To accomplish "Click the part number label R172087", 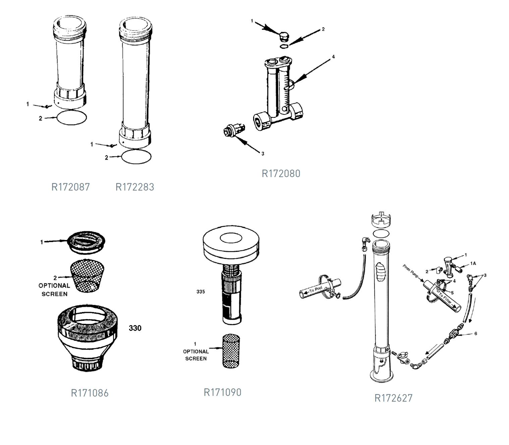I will tap(70, 187).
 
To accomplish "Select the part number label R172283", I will tap(135, 187).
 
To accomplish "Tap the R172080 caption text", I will tap(281, 174).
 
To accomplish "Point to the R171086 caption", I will tap(90, 393).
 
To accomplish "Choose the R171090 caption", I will tap(222, 392).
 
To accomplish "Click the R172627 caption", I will tap(393, 398).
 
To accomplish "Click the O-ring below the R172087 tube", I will tap(72, 117).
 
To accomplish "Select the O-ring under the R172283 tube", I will tap(136, 157).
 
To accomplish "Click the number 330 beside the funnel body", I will tap(135, 328).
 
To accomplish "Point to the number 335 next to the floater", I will tap(201, 292).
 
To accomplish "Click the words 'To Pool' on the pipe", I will tap(316, 289).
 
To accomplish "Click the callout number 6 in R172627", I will tap(475, 334).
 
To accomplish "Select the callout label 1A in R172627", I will tap(473, 263).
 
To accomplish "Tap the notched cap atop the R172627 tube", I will tap(382, 220).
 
